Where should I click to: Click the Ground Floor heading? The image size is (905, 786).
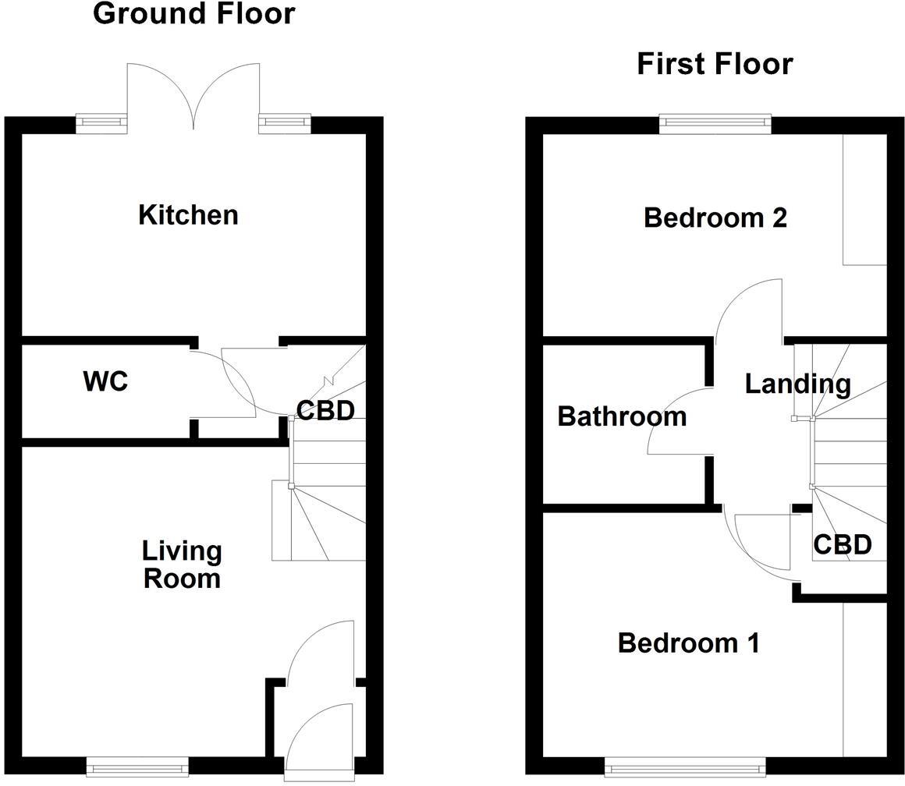193,14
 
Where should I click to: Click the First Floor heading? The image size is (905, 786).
715,64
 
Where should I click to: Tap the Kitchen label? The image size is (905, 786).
188,214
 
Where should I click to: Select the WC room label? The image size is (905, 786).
105,382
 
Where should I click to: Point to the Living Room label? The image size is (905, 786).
182,565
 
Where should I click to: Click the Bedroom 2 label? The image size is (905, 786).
715,218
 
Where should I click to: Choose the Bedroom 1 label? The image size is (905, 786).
688,643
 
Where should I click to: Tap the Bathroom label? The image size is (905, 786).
622,416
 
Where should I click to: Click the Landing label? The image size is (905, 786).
797,384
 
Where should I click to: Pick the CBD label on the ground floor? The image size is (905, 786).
325,410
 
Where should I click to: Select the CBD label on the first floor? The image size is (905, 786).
842,544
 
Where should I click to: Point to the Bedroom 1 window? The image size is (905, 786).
684,767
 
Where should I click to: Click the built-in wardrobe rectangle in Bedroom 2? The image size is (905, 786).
864,200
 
